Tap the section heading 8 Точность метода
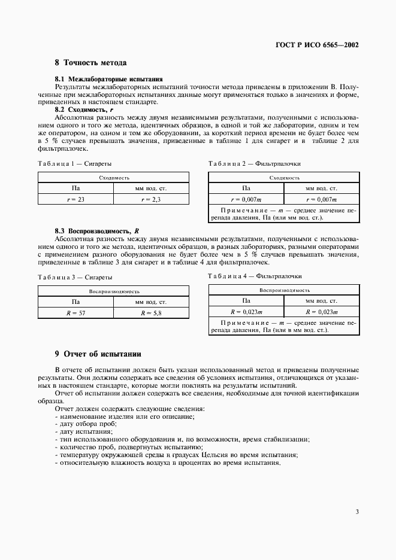pyautogui.click(x=90, y=63)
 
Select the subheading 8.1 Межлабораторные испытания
pyautogui.click(x=108, y=79)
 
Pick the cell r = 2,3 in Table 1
pyautogui.click(x=151, y=199)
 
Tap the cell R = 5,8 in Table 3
pyautogui.click(x=151, y=312)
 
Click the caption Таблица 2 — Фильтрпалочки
pyautogui.click(x=255, y=163)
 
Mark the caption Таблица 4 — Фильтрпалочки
pyautogui.click(x=255, y=276)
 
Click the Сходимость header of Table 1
pyautogui.click(x=114, y=178)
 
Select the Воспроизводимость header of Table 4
pyautogui.click(x=283, y=290)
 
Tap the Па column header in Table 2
pyautogui.click(x=246, y=188)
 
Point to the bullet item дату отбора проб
pyautogui.click(x=84, y=424)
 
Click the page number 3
pyautogui.click(x=357, y=512)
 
